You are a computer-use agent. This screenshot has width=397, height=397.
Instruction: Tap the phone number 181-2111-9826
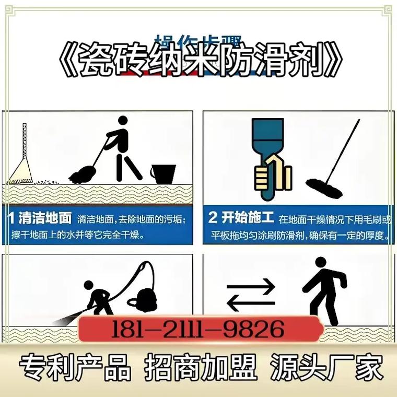(x=198, y=329)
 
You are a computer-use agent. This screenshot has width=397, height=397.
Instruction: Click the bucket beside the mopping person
(x=163, y=173)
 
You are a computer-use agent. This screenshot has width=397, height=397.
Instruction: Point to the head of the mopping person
(x=122, y=121)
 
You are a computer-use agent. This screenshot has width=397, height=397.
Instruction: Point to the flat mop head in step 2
(x=324, y=188)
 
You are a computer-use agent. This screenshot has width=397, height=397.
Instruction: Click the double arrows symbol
(x=250, y=294)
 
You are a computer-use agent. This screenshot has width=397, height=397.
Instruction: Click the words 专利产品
(x=75, y=368)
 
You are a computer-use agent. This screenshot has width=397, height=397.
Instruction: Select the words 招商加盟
(x=201, y=368)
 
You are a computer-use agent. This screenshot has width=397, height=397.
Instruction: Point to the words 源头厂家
(x=326, y=368)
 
